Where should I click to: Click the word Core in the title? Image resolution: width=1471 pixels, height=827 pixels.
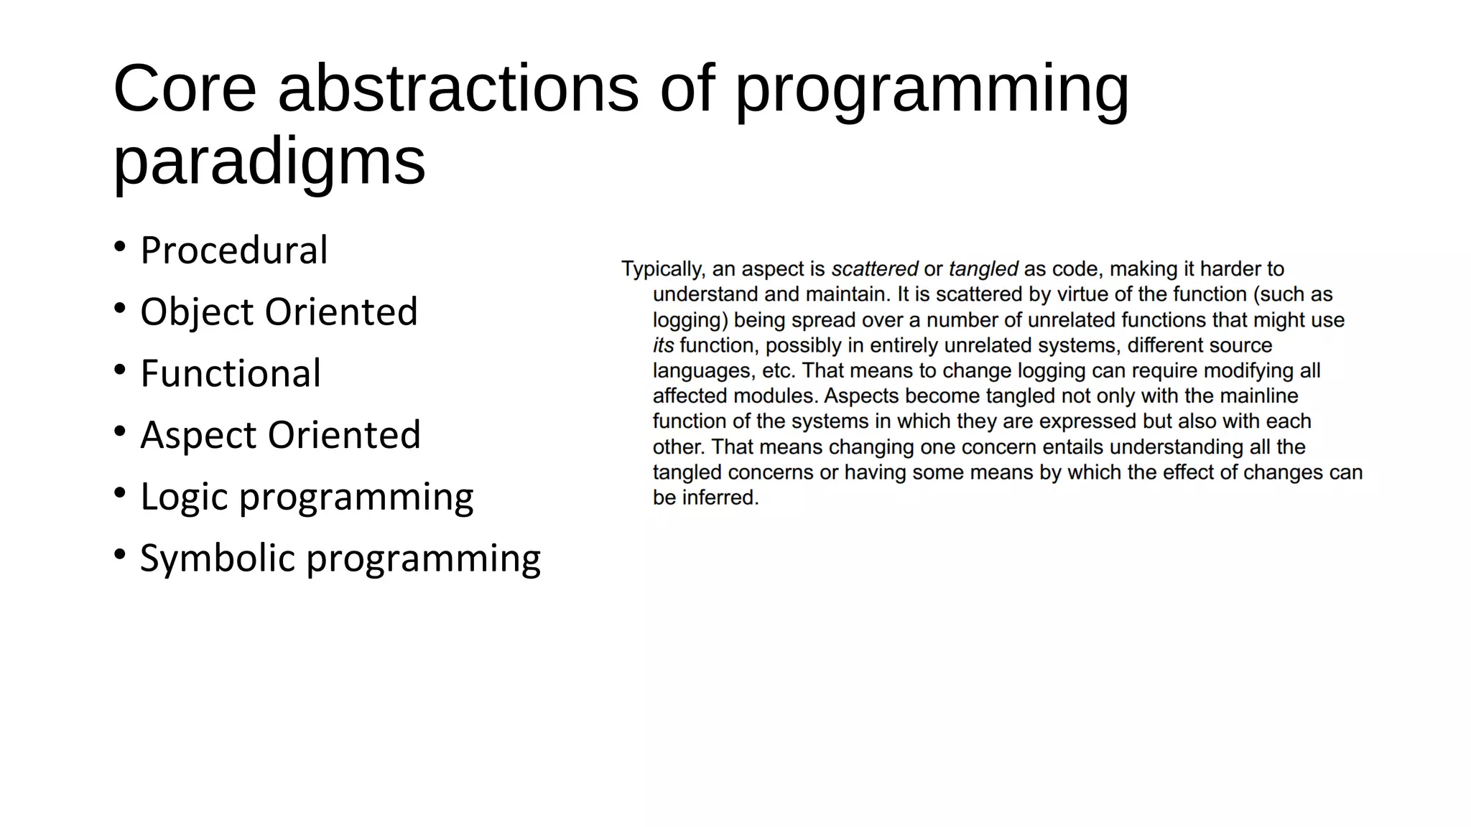click(x=185, y=89)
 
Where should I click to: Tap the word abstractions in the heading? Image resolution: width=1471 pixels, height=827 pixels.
click(x=458, y=89)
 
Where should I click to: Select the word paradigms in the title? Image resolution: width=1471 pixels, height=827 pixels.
click(x=269, y=162)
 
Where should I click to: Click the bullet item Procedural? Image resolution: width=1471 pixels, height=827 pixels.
click(x=233, y=251)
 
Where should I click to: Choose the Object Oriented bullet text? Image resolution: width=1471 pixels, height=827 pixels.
click(x=279, y=312)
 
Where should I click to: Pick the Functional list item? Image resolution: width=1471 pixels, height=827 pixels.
click(x=231, y=374)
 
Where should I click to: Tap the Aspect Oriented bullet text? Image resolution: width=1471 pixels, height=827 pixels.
click(x=280, y=435)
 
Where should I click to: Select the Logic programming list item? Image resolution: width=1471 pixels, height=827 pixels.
click(x=307, y=497)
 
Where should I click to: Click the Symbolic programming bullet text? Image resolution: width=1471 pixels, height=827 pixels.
click(x=340, y=559)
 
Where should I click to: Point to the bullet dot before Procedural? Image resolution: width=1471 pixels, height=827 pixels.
click(x=120, y=247)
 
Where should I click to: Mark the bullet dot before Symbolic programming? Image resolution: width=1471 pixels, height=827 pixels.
click(x=120, y=554)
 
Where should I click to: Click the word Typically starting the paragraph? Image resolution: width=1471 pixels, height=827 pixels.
click(x=662, y=269)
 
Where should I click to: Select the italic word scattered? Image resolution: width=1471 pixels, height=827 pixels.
click(x=874, y=269)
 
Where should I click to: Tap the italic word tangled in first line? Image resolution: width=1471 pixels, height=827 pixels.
click(x=983, y=269)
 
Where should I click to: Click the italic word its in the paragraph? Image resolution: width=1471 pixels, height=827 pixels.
click(x=663, y=345)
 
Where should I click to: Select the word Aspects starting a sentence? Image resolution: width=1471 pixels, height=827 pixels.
click(x=861, y=396)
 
